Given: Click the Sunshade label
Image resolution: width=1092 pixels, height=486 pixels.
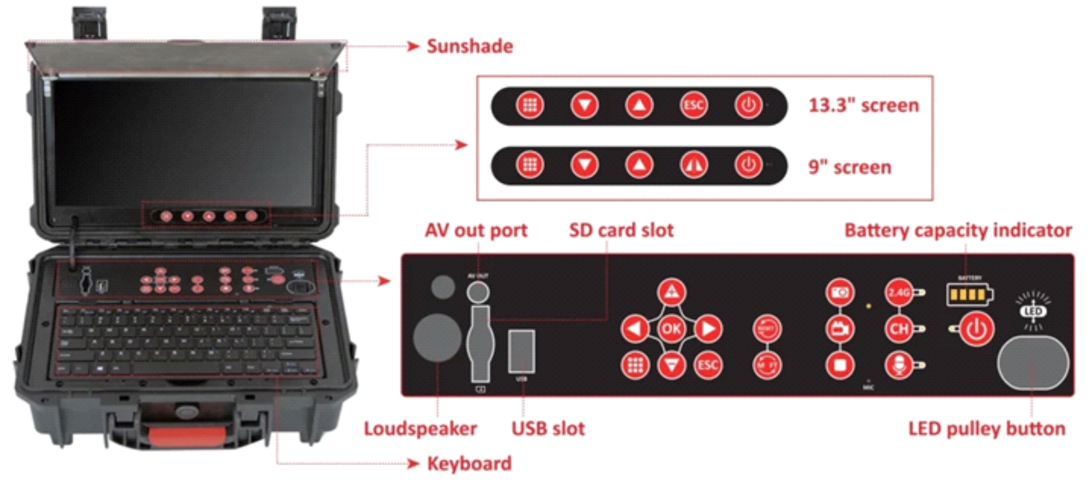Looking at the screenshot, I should pyautogui.click(x=470, y=47).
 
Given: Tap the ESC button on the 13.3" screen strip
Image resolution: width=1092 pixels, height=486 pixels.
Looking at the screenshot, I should pyautogui.click(x=693, y=105).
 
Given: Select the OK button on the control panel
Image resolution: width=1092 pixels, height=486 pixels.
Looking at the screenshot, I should pyautogui.click(x=672, y=328).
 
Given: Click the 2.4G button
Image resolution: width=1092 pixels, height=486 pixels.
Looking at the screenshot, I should pyautogui.click(x=899, y=293).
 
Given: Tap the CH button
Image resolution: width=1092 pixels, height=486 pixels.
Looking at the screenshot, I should pyautogui.click(x=899, y=329).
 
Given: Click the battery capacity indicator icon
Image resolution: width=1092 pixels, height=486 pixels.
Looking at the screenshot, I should pyautogui.click(x=969, y=295).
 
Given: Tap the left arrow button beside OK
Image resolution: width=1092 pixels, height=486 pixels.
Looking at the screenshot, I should pyautogui.click(x=635, y=328).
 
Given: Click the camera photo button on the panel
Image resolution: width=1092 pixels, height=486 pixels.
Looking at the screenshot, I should pyautogui.click(x=840, y=293).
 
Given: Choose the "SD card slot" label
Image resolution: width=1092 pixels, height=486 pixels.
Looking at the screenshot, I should pyautogui.click(x=621, y=231).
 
